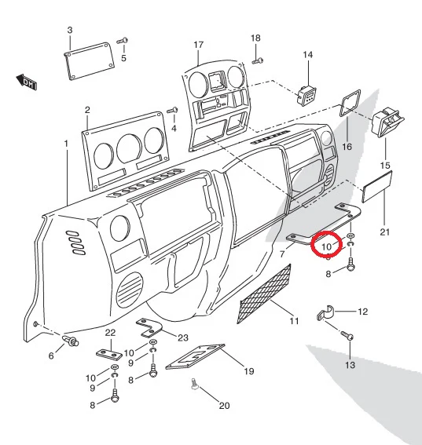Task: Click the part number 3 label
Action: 70,30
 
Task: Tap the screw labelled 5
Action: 123,41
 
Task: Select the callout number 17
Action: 199,45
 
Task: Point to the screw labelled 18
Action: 258,60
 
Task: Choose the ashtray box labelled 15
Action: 387,122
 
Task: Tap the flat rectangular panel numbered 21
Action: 377,187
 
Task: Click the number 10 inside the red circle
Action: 326,246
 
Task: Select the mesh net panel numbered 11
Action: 264,294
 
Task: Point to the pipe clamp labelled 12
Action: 325,313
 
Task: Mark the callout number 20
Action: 224,406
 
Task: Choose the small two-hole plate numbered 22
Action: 109,355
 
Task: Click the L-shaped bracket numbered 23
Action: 149,327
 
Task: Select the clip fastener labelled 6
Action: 71,341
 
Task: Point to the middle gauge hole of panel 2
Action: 129,148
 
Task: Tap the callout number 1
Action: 66,144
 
